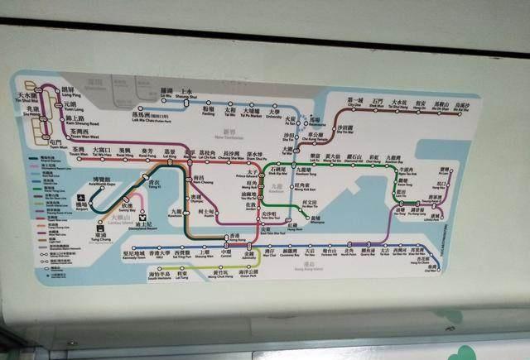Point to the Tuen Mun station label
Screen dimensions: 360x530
[55, 144]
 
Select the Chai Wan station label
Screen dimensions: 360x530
[426, 264]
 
